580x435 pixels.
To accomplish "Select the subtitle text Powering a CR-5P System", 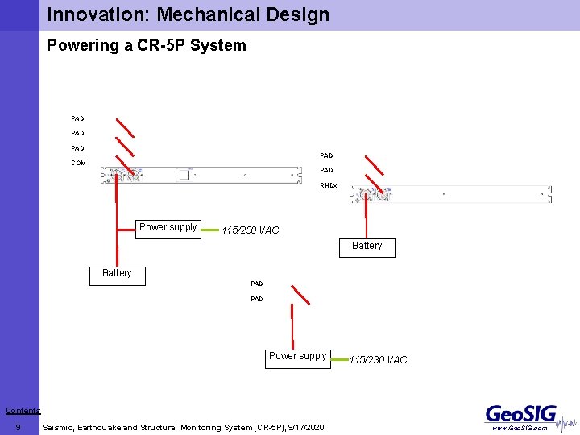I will [x=146, y=45].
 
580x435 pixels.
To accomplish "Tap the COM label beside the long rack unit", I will [x=78, y=163].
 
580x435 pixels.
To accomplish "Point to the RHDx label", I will [x=328, y=185].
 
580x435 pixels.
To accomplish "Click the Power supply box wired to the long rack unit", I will [x=168, y=228].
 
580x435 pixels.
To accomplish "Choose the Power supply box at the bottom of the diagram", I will [x=297, y=357].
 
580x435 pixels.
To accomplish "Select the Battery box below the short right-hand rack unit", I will [x=367, y=246].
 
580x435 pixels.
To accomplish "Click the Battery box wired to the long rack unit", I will [x=117, y=274].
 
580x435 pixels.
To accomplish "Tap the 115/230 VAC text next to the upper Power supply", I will [x=251, y=230].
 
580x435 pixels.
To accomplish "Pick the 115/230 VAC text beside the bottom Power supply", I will [x=379, y=360].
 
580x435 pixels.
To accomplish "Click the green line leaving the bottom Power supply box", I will [x=338, y=358].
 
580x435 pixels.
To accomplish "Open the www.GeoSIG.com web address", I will [x=520, y=429].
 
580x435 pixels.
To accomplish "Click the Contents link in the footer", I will [x=23, y=411].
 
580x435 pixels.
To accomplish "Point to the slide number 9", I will [x=18, y=427].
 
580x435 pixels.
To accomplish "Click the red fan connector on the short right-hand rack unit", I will [x=372, y=194].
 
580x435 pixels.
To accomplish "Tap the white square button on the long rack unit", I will [x=184, y=175].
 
